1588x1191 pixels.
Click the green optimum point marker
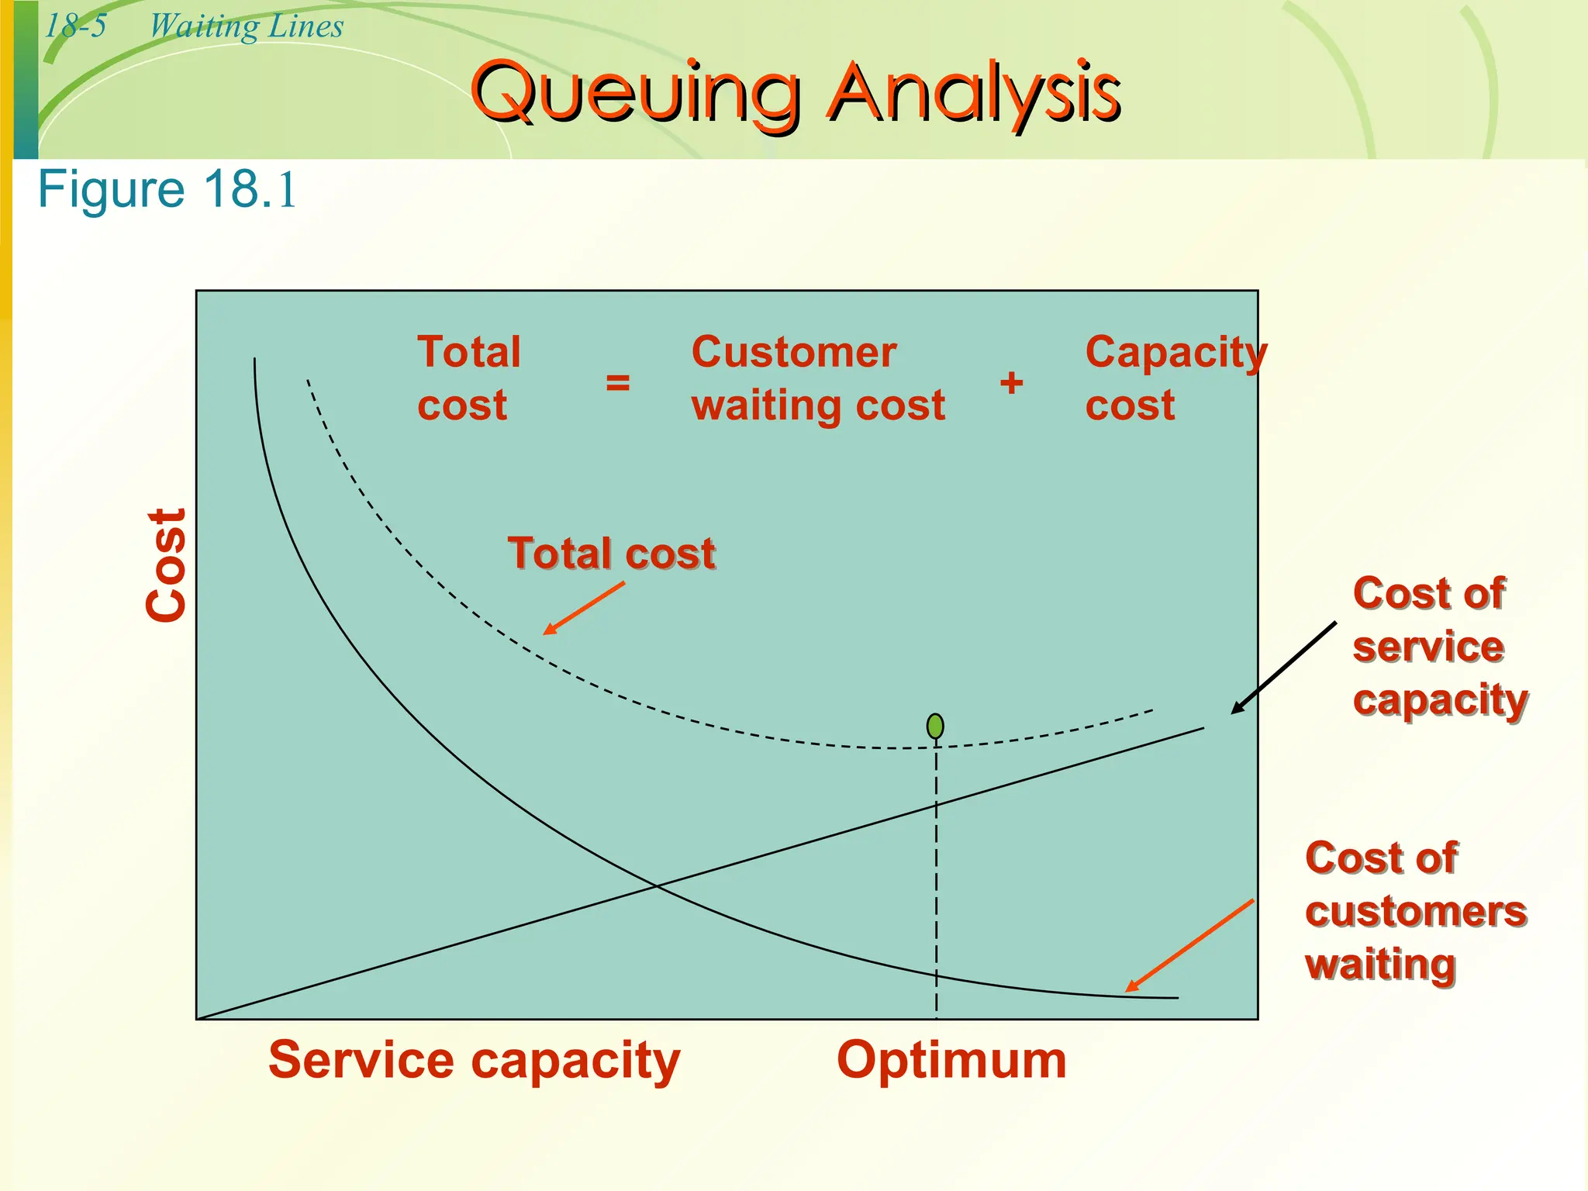[935, 727]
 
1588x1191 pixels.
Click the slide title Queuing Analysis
[796, 93]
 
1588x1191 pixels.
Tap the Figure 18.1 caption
[167, 190]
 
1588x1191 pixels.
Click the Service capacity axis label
[474, 1060]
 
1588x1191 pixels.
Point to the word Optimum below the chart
[951, 1060]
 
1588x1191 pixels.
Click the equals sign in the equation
[617, 382]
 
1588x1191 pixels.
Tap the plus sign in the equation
[1011, 382]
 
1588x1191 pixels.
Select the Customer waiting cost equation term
[817, 378]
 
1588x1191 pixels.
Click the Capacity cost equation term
[1175, 378]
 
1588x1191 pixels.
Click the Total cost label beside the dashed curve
[611, 554]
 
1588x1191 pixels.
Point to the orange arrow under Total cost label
[584, 609]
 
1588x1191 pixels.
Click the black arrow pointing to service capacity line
[1284, 667]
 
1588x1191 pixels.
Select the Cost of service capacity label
[1439, 646]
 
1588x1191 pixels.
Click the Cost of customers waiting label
[1415, 911]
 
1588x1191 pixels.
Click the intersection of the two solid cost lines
[655, 885]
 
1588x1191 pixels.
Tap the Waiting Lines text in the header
[246, 26]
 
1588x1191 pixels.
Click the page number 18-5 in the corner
[75, 26]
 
